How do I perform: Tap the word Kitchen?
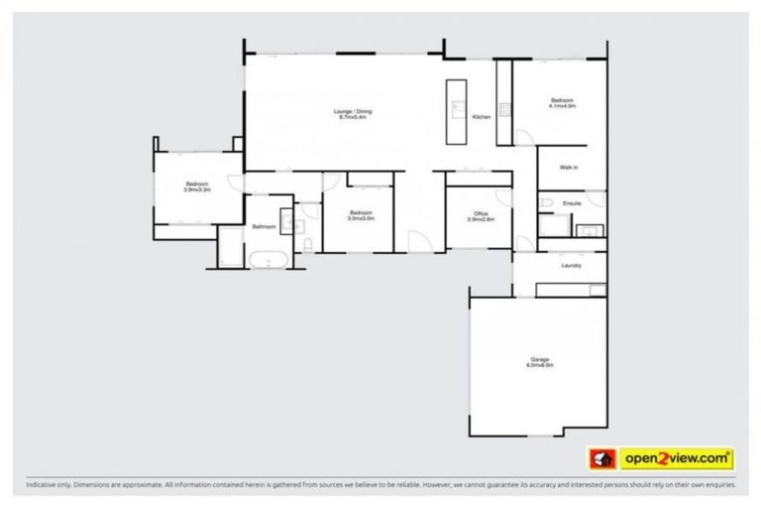point(482,117)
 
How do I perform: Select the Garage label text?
point(540,359)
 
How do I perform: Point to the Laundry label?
point(570,265)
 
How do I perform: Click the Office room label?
point(482,213)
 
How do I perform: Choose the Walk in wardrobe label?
point(569,168)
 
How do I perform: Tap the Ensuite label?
point(572,203)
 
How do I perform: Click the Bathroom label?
point(264,227)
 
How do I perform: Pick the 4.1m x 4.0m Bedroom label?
point(562,101)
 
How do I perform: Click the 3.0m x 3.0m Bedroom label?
point(361,214)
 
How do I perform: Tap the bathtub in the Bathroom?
point(268,260)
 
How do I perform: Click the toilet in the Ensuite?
point(546,203)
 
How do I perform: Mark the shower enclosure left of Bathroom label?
point(230,245)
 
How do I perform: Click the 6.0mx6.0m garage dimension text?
point(540,365)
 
